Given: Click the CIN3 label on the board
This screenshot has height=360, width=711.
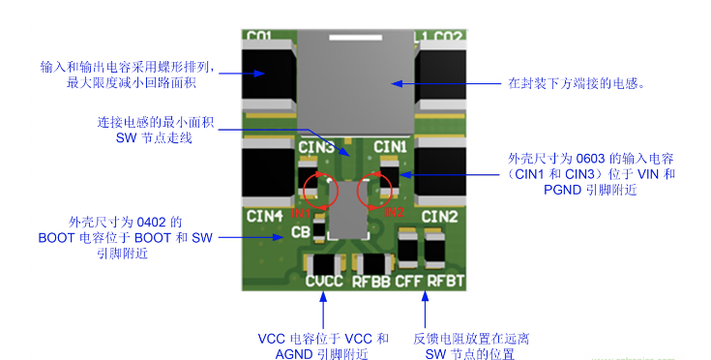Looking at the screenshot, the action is coord(316,148).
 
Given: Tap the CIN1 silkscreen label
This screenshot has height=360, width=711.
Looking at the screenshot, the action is coord(392,146).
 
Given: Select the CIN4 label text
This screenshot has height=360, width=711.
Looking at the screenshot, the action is coord(264,215).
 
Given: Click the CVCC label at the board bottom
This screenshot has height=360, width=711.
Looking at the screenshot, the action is coord(324,282).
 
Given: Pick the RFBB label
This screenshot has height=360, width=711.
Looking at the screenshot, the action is coord(371,282).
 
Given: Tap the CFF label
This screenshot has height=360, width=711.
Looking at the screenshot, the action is coord(410,282).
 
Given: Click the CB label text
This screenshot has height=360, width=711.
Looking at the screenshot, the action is coord(301,232).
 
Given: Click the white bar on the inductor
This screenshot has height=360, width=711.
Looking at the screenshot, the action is coord(354,39).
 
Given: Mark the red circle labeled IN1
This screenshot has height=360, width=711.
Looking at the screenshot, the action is coord(319,191).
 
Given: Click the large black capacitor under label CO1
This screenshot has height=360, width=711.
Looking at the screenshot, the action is coord(269,81).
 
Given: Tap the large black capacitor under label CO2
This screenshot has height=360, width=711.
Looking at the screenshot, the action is coord(441,81).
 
